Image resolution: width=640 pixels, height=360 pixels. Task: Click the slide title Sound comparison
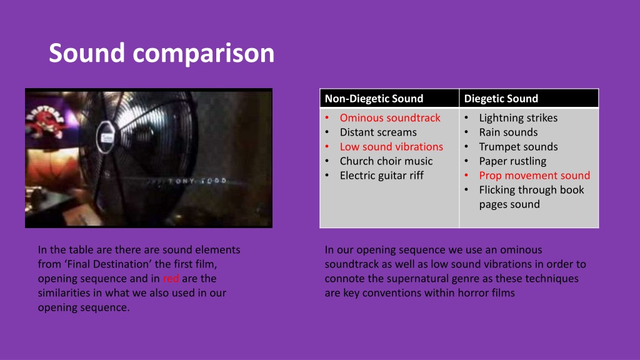pos(162,53)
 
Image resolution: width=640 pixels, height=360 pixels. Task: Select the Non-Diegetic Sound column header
pos(374,98)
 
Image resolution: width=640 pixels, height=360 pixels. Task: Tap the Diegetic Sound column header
pos(501,98)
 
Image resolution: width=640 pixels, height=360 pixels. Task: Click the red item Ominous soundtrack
pos(390,118)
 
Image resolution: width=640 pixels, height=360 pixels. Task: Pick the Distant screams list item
pos(378,132)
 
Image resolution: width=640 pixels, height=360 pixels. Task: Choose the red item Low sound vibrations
pos(391,146)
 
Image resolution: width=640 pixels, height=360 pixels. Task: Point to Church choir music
pos(386,161)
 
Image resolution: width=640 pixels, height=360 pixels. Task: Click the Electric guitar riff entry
pos(382,176)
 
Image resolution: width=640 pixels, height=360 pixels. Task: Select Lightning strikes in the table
pos(518,118)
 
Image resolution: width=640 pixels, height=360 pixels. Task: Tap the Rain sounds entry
pos(508,132)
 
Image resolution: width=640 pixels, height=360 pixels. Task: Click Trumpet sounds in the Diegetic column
pos(518,146)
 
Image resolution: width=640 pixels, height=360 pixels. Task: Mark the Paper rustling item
pos(512,161)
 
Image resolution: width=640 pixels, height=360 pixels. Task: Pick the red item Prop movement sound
pos(534,176)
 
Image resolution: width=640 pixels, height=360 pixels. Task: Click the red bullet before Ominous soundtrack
pos(327,118)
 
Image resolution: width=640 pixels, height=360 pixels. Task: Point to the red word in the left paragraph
pos(171,278)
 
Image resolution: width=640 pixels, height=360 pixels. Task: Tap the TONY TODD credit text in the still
pos(197,181)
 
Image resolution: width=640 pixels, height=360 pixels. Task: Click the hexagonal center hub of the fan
pos(105,137)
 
